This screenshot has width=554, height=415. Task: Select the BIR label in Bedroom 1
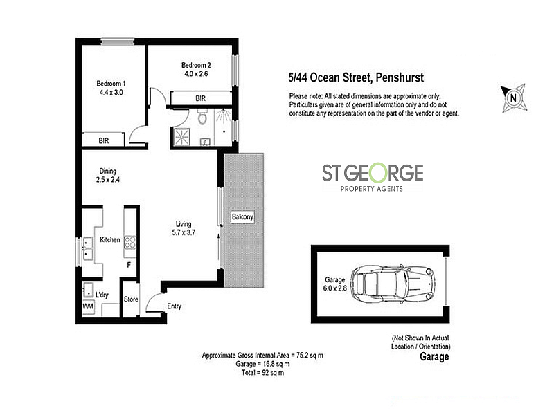click(103, 140)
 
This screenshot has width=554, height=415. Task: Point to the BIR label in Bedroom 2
click(200, 98)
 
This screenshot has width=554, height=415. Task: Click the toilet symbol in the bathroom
click(202, 118)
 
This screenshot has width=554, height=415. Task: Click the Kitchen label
click(110, 240)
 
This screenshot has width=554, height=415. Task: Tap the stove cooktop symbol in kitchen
click(129, 242)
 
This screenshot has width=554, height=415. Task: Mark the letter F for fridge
click(128, 265)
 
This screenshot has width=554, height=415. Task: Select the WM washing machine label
click(89, 305)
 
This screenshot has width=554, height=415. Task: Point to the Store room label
click(131, 299)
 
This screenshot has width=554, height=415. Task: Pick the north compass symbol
click(512, 98)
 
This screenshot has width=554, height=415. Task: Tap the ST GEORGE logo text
click(373, 173)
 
